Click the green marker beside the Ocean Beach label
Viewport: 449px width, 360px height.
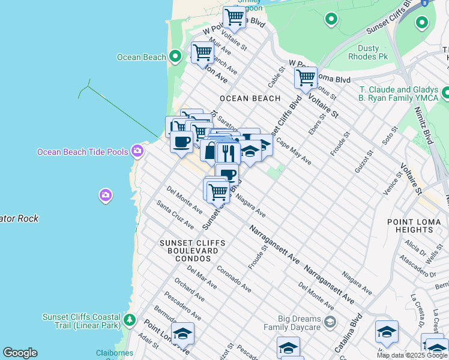pos(175,57)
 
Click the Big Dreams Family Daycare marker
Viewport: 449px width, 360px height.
pos(330,323)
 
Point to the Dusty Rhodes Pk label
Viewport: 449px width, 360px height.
pos(368,52)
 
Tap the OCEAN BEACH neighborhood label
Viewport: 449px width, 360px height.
pos(250,98)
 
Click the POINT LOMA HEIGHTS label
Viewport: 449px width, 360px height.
pos(414,226)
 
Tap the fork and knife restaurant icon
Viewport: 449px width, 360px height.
pos(227,151)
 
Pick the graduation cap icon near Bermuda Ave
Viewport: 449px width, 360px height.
pos(182,334)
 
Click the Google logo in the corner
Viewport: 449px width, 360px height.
pos(20,353)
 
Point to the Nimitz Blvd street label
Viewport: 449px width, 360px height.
pos(425,127)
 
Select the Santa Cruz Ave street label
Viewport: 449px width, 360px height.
pos(175,214)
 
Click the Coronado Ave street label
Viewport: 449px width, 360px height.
pos(234,279)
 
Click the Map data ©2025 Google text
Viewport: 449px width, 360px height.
pos(412,355)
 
